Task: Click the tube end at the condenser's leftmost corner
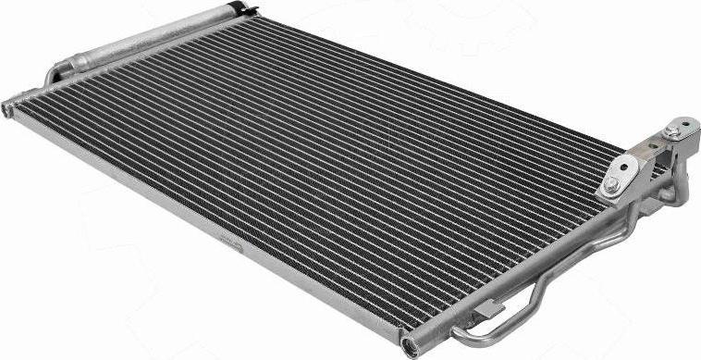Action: tap(9, 104)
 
